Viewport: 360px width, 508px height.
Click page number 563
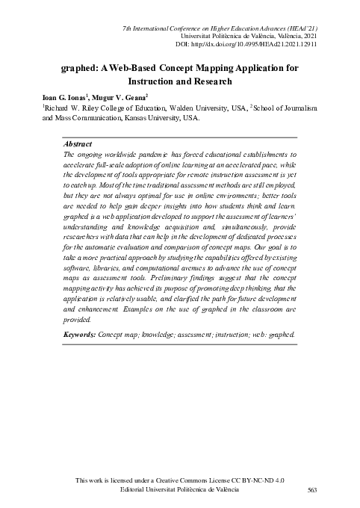pyautogui.click(x=313, y=489)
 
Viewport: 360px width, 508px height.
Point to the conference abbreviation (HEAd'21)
pyautogui.click(x=297, y=28)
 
